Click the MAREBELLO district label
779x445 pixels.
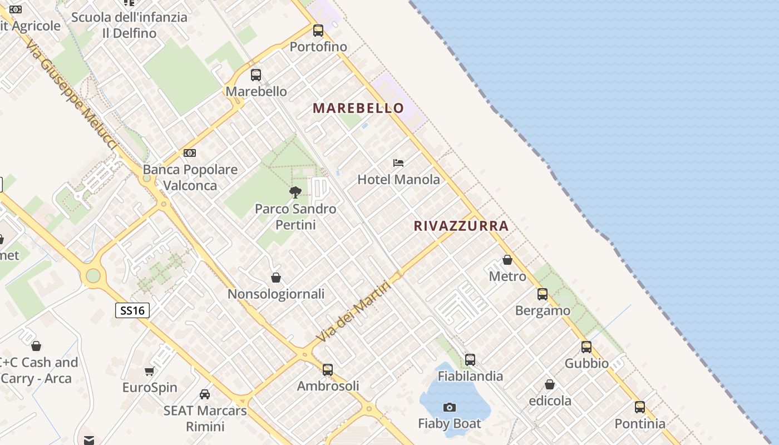coord(358,108)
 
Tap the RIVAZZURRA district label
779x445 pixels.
coord(461,226)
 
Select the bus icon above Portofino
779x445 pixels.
coord(318,31)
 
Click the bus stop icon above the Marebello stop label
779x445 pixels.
coord(256,75)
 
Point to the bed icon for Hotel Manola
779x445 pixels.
coord(398,163)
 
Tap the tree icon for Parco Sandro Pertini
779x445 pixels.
coord(295,192)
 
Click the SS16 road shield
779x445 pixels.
coord(132,310)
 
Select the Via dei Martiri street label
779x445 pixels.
coord(353,311)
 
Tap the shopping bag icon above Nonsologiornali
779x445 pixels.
coord(276,277)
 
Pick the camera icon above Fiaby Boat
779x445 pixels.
coord(450,408)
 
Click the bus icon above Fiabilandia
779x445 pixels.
coord(470,360)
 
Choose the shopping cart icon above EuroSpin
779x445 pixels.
coord(149,371)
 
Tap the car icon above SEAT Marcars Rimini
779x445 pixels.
coord(205,394)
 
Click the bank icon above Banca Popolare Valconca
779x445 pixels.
coord(190,153)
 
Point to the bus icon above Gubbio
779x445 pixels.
coord(586,347)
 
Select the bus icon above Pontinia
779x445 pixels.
coord(640,407)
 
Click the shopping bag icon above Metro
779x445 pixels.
coord(507,260)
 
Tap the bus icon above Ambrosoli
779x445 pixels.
coord(328,369)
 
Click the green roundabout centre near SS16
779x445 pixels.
coord(93,275)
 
